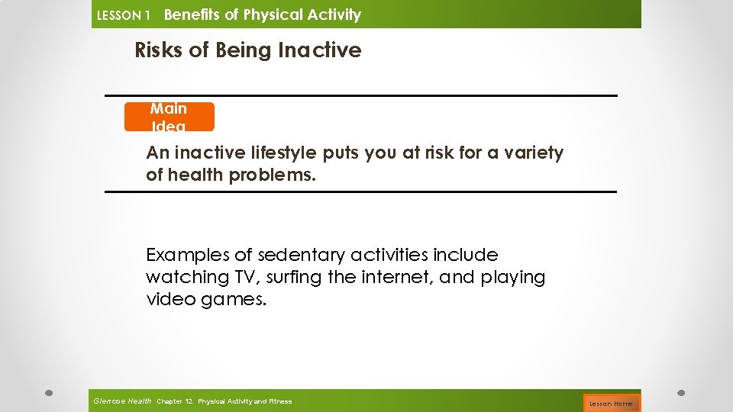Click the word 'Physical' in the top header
(x=273, y=14)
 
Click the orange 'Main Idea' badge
(x=169, y=117)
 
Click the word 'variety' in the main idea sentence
(x=535, y=153)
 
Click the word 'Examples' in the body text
(x=190, y=255)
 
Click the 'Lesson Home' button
(x=611, y=403)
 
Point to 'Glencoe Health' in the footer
(x=122, y=401)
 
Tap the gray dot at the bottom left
(x=47, y=394)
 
